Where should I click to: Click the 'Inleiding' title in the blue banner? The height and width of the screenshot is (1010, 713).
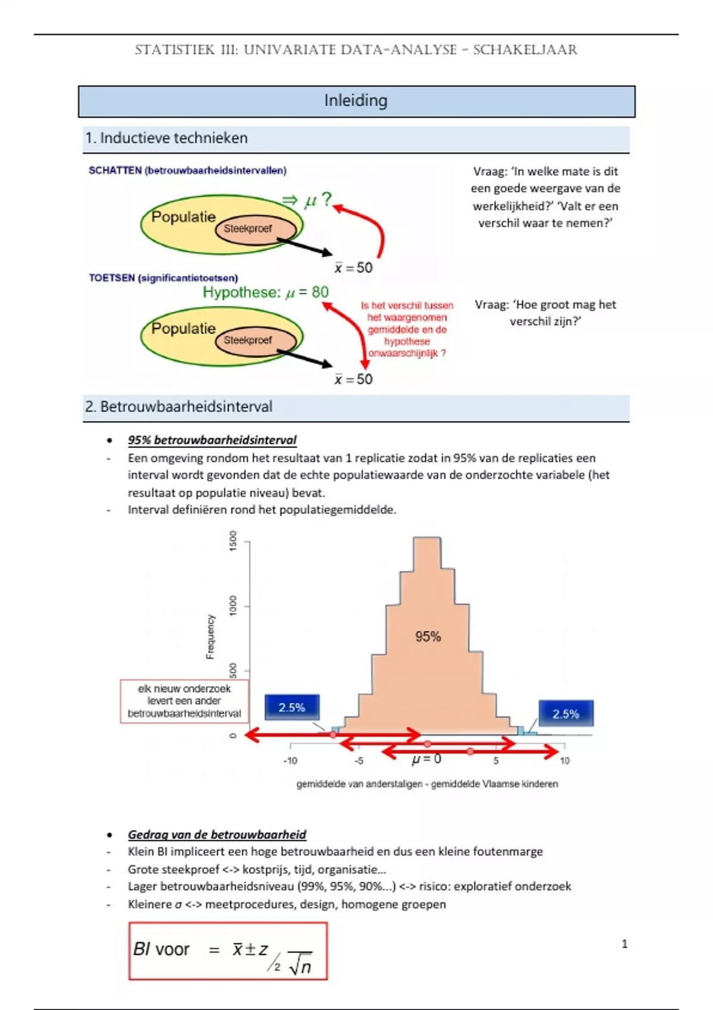coord(355,101)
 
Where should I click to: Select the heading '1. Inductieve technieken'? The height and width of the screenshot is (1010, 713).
coord(166,138)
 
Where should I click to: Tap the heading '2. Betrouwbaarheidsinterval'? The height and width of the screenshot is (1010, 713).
coord(178,407)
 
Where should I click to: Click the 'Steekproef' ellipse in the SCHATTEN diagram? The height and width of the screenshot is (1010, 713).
coord(255,229)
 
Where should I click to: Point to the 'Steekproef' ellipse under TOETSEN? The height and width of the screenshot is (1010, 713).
coord(255,340)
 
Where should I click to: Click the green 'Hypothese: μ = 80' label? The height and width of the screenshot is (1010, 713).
coord(265,292)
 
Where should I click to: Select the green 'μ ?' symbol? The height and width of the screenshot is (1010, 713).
coord(318,201)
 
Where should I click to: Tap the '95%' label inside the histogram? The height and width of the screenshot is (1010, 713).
coord(428,637)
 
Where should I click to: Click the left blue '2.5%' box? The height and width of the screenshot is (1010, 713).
coord(292,707)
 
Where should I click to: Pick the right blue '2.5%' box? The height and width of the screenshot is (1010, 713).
coord(566,714)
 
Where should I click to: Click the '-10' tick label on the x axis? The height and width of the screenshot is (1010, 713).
coord(290,760)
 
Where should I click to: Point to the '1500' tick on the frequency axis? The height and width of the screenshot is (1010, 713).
coord(233,541)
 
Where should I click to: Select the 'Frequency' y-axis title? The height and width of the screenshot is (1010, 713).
coord(210,637)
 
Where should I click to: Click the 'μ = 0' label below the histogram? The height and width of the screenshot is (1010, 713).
coord(427,759)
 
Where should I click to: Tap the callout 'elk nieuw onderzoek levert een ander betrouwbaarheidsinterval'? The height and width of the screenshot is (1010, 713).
coord(184,701)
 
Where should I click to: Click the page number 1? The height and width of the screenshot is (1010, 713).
coord(624,943)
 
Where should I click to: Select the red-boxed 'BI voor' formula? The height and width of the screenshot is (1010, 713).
coord(228,951)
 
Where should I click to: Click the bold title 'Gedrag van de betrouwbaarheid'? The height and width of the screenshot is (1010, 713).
coord(217,835)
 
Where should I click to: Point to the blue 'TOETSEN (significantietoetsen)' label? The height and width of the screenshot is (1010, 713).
coord(163,278)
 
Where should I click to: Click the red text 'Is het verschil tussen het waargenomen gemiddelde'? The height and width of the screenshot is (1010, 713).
coord(407,329)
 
